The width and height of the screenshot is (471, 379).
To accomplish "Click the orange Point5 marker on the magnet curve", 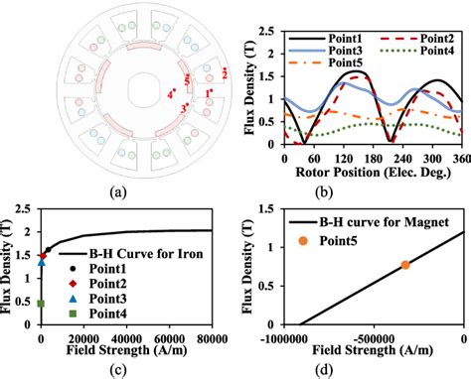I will tap(405, 265).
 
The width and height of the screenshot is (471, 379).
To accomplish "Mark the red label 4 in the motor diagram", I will tap(171, 95).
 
